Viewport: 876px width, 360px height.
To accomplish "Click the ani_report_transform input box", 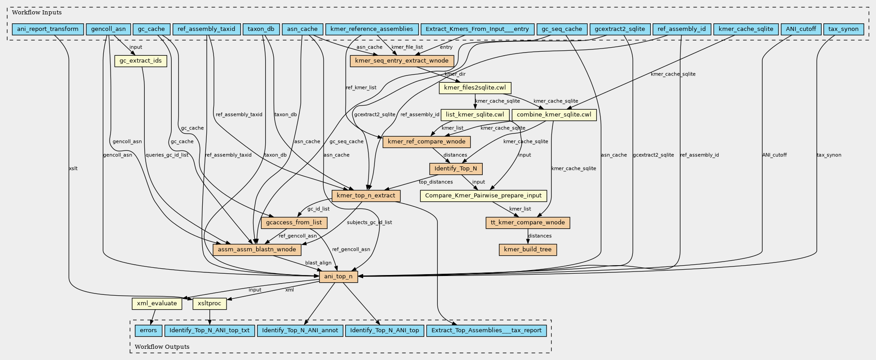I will tap(48, 29).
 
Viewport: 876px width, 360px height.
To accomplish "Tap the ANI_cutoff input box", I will tap(801, 29).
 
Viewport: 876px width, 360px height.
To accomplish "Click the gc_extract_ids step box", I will tap(141, 61).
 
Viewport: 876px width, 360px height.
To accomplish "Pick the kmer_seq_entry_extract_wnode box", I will tap(402, 61).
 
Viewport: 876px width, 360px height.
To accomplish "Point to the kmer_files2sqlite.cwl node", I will tap(475, 88).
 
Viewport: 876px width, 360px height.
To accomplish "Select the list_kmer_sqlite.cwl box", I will tap(475, 115).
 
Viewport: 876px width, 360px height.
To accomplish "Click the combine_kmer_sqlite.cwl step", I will tap(554, 115).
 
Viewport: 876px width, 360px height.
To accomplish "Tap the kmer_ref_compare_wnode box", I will tap(427, 142).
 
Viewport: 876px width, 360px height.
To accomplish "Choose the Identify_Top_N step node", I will tap(456, 169).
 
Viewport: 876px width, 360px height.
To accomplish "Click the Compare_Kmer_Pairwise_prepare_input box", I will tap(483, 196).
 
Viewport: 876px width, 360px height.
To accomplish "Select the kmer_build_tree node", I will tap(528, 249).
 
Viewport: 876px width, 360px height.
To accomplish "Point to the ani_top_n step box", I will tap(338, 276).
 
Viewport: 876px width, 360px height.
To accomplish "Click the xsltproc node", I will tap(209, 303).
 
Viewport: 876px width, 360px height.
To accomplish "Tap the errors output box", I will tap(148, 330).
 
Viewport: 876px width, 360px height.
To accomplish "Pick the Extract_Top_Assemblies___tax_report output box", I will tap(486, 330).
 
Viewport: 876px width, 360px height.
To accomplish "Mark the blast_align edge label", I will tap(318, 263).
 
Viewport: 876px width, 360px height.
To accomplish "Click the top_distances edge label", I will tap(436, 182).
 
